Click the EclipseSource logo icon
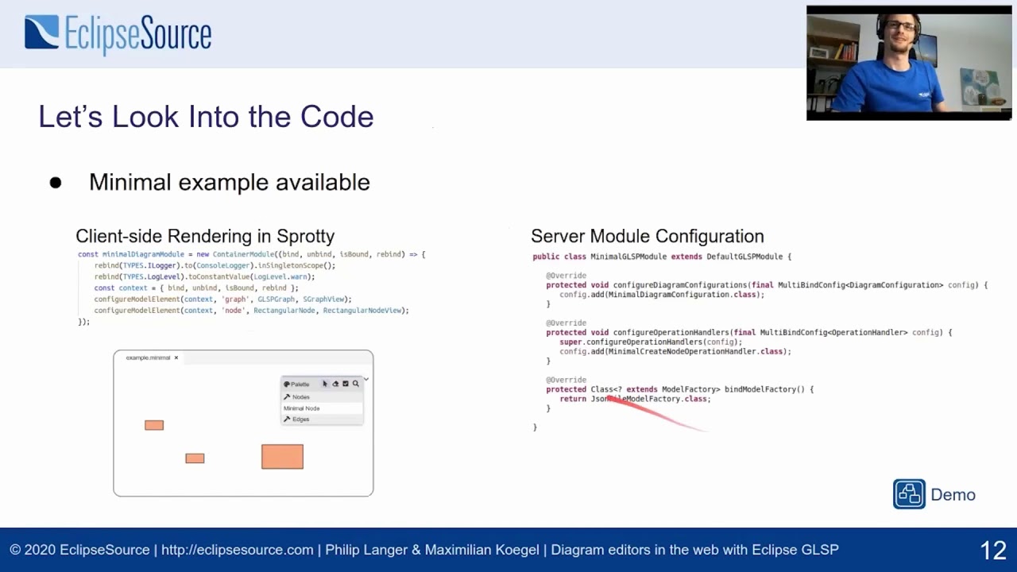pos(42,33)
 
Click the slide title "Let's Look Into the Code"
pos(206,117)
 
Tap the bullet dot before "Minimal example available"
pos(56,183)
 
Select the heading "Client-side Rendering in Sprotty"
pos(205,236)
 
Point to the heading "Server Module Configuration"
pos(647,236)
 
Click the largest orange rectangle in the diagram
pos(282,457)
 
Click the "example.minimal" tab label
pos(148,357)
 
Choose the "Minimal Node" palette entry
pos(302,408)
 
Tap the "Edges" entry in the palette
pos(300,419)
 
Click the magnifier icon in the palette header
pos(355,384)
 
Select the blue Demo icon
pos(909,494)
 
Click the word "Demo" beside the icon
pos(953,495)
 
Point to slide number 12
pos(993,550)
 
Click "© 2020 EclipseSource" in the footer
pos(79,550)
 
